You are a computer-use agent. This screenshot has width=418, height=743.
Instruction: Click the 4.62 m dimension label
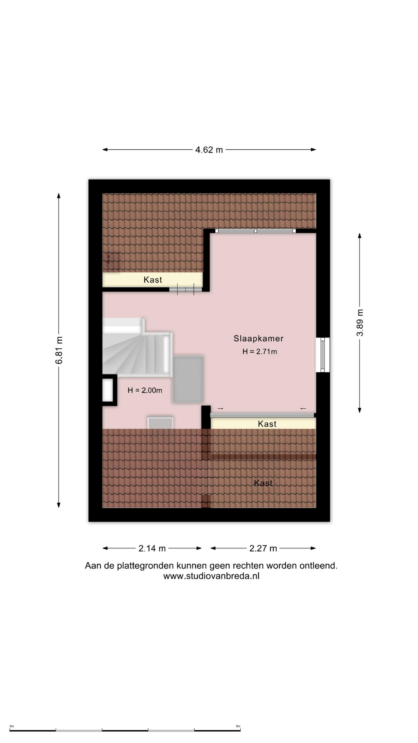pos(209,150)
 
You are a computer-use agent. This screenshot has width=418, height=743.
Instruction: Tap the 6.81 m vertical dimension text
pos(59,350)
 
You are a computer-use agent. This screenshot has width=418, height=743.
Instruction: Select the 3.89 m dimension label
pos(360,323)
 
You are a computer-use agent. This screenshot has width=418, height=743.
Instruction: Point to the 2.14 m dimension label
pos(152,548)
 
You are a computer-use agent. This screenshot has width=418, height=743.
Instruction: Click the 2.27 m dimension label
pos(263,548)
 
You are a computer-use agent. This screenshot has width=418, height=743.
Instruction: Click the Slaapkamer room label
pos(259,339)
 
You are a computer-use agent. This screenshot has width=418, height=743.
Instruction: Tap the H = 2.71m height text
pos(260,352)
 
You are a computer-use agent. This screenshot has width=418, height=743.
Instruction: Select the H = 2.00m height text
pos(145,390)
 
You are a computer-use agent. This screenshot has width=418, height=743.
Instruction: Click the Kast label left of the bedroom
pos(153,280)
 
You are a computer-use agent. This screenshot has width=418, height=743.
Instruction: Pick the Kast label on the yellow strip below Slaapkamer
pos(267,424)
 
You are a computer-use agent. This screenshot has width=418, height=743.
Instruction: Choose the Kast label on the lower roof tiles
pos(263,483)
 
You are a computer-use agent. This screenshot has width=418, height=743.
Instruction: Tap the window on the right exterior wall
pos(323,355)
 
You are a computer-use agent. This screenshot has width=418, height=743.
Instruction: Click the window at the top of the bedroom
pos(255,231)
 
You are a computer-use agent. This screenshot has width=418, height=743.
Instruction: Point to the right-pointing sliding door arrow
pos(220,409)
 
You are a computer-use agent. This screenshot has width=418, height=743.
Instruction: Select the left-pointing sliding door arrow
pos(303,409)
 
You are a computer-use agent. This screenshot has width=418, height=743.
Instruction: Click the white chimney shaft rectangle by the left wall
pos(107,390)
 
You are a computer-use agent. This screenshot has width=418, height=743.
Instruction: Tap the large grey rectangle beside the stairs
pos(188,379)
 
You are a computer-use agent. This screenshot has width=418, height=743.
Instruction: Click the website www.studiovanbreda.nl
pos(211,576)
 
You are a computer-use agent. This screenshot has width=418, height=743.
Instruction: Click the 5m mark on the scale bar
pos(238,726)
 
